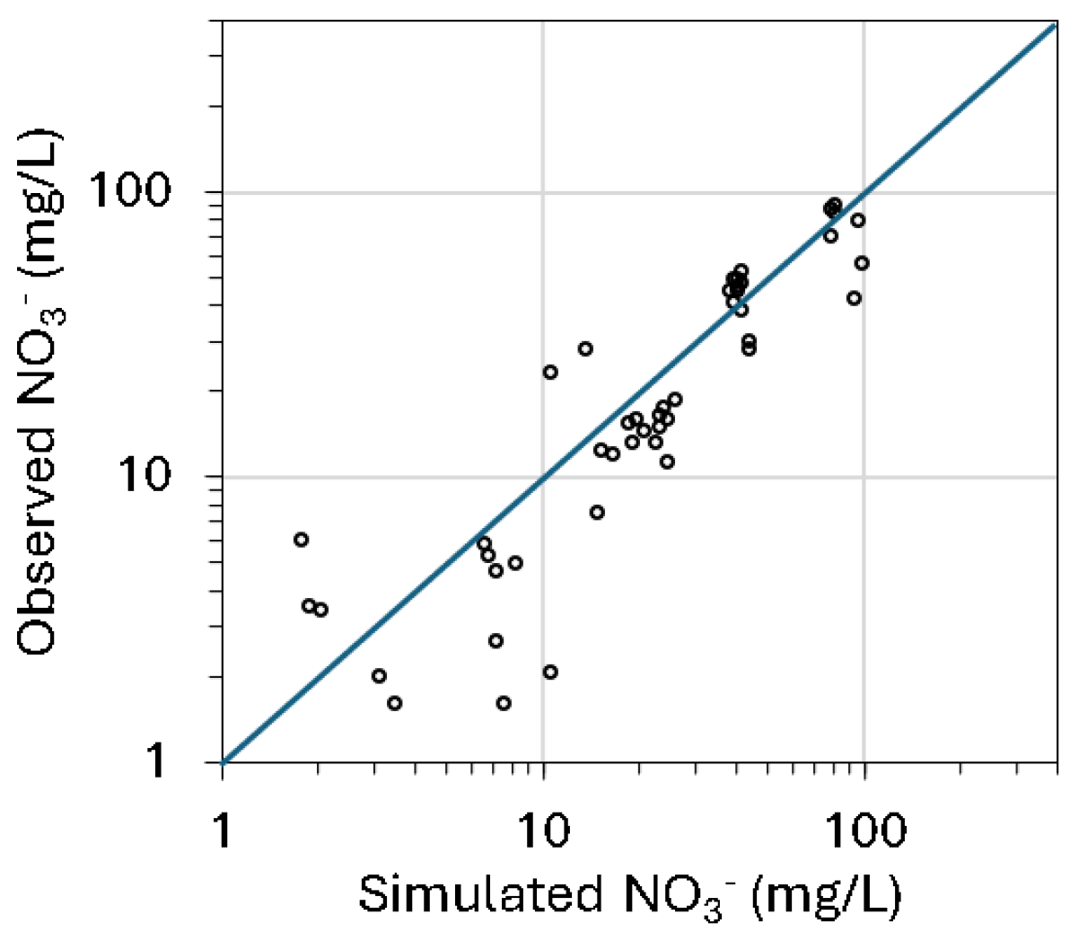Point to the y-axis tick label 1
tap(154, 761)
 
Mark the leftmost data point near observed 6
tap(301, 540)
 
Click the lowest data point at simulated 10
tap(550, 672)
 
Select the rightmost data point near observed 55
tap(862, 263)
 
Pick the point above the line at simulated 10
tap(550, 372)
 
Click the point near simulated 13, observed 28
tap(585, 348)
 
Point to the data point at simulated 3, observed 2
tap(379, 675)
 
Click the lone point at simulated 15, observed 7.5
tap(597, 512)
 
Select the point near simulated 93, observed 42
tap(854, 298)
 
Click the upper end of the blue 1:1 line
tap(1054, 27)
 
